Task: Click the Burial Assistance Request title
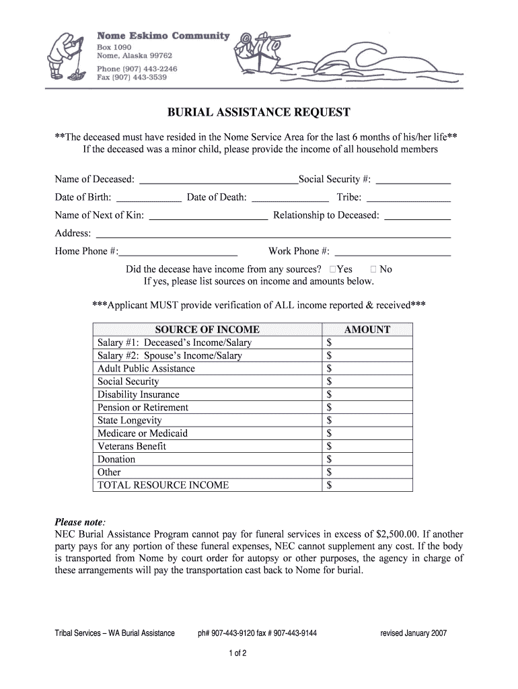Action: (259, 112)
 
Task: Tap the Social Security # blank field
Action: (413, 180)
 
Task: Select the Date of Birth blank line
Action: (149, 198)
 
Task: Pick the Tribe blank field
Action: (408, 198)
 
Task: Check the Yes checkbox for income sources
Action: (333, 269)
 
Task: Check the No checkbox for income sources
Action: (374, 269)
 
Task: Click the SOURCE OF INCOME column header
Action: (207, 330)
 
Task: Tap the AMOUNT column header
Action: (367, 330)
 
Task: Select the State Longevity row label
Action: (130, 421)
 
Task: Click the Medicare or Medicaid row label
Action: (143, 433)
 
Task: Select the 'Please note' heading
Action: (79, 522)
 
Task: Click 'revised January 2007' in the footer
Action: (413, 633)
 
